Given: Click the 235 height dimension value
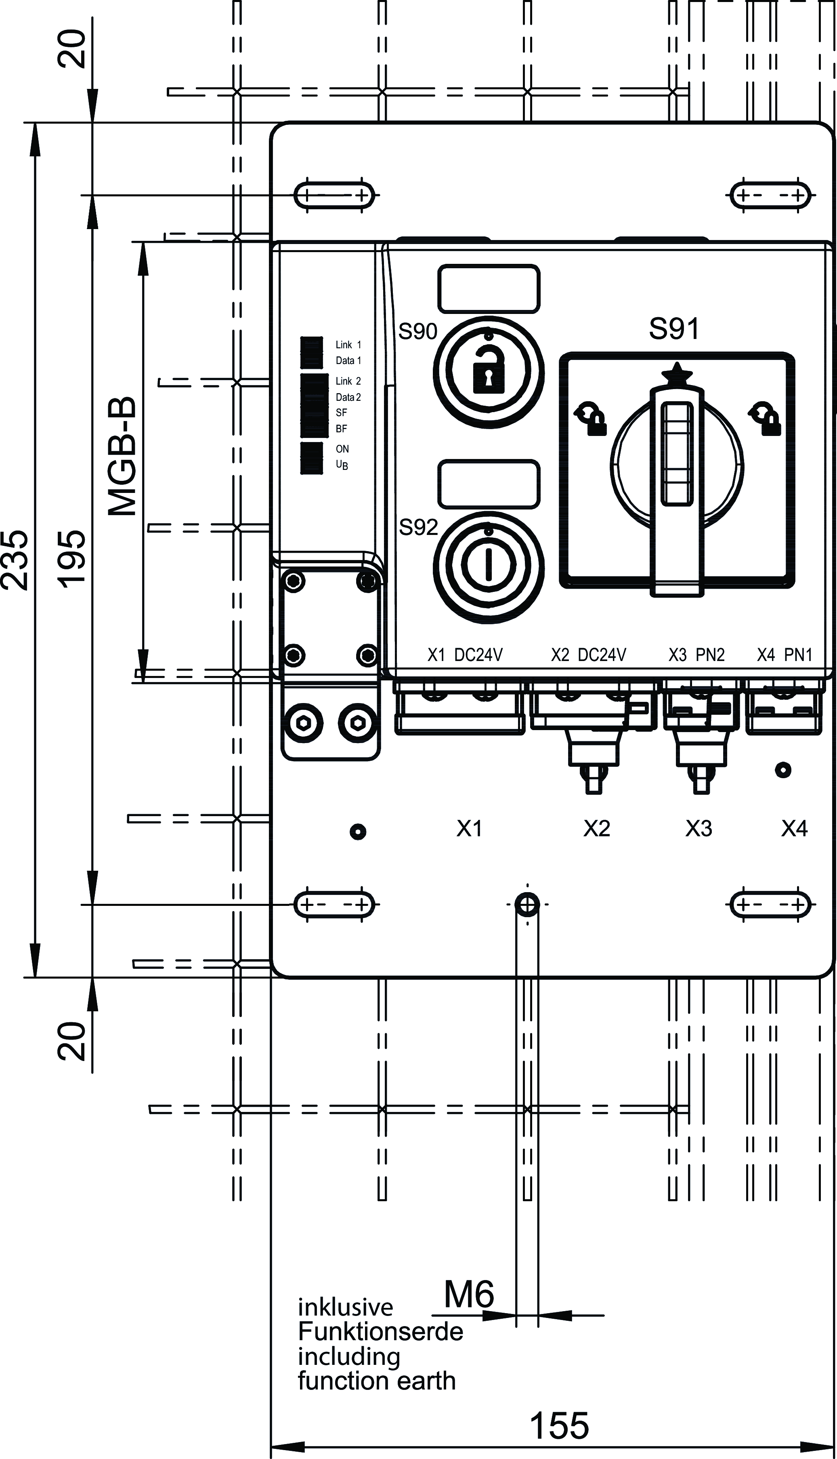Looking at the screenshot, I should pyautogui.click(x=15, y=560).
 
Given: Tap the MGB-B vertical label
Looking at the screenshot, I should pyautogui.click(x=122, y=456).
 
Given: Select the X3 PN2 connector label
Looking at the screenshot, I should pyautogui.click(x=696, y=655).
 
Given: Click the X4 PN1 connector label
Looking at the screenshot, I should pyautogui.click(x=784, y=655).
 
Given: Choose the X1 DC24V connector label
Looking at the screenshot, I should pyautogui.click(x=465, y=655).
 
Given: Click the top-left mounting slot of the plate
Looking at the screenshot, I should pyautogui.click(x=334, y=195).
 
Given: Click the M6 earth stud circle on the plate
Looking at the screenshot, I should pyautogui.click(x=527, y=905).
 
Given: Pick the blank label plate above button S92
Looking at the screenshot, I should pyautogui.click(x=489, y=484).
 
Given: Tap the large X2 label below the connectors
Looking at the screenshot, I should pyautogui.click(x=597, y=828).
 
